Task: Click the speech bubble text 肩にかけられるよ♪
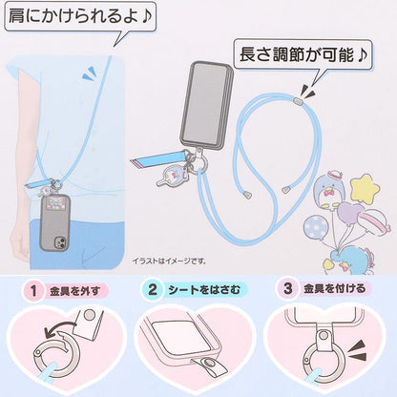(80, 16)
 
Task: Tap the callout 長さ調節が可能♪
(303, 54)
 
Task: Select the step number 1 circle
(33, 290)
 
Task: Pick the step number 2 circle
(153, 289)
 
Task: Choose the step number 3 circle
(287, 288)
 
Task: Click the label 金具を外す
(75, 291)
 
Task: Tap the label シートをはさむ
(204, 290)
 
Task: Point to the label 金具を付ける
(334, 288)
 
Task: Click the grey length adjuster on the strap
(297, 101)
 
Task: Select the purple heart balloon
(351, 213)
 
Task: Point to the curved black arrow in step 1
(61, 328)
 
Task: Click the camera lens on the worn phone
(61, 241)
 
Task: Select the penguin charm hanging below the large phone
(172, 176)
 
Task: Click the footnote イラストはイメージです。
(169, 261)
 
